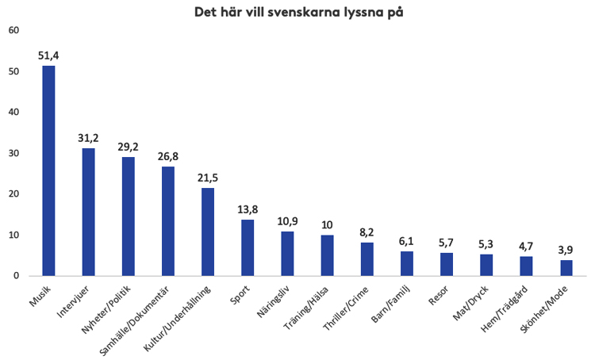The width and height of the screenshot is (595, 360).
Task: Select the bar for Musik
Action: click(x=48, y=170)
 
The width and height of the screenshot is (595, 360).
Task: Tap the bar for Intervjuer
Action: click(x=88, y=212)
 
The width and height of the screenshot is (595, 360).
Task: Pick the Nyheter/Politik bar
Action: click(x=129, y=216)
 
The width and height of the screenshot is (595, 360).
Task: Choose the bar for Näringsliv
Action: click(x=287, y=253)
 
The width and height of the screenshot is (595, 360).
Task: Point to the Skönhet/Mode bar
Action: click(x=566, y=267)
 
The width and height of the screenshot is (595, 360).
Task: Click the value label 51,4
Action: click(x=48, y=56)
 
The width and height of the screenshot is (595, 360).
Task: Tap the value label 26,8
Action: click(x=168, y=157)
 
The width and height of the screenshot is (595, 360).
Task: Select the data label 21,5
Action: click(x=208, y=178)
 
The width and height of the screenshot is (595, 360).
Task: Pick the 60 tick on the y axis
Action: click(x=13, y=30)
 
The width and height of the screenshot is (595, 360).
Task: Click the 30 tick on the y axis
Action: click(x=13, y=153)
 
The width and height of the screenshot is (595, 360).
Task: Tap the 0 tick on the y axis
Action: click(x=15, y=276)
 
